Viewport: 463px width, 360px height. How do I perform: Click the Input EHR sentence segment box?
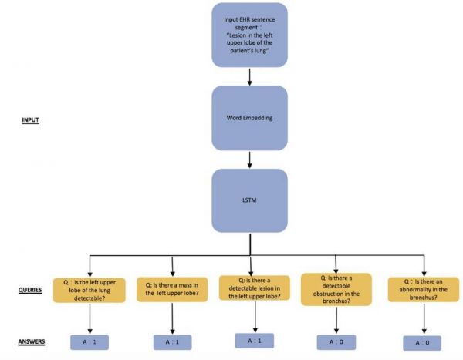click(249, 35)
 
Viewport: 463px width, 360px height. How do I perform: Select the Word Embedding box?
click(249, 118)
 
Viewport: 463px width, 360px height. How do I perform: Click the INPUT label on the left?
click(32, 120)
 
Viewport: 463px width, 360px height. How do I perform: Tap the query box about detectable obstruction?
click(335, 290)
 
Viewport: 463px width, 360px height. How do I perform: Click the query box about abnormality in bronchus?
click(417, 291)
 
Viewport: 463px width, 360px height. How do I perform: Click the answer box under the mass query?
click(171, 340)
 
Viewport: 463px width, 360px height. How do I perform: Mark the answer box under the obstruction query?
click(336, 339)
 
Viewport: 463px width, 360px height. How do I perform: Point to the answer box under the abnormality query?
click(417, 341)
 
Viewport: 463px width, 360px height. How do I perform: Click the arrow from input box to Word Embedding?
click(249, 76)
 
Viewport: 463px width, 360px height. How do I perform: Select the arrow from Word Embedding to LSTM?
click(249, 159)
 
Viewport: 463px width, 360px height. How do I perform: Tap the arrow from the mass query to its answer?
click(171, 317)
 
